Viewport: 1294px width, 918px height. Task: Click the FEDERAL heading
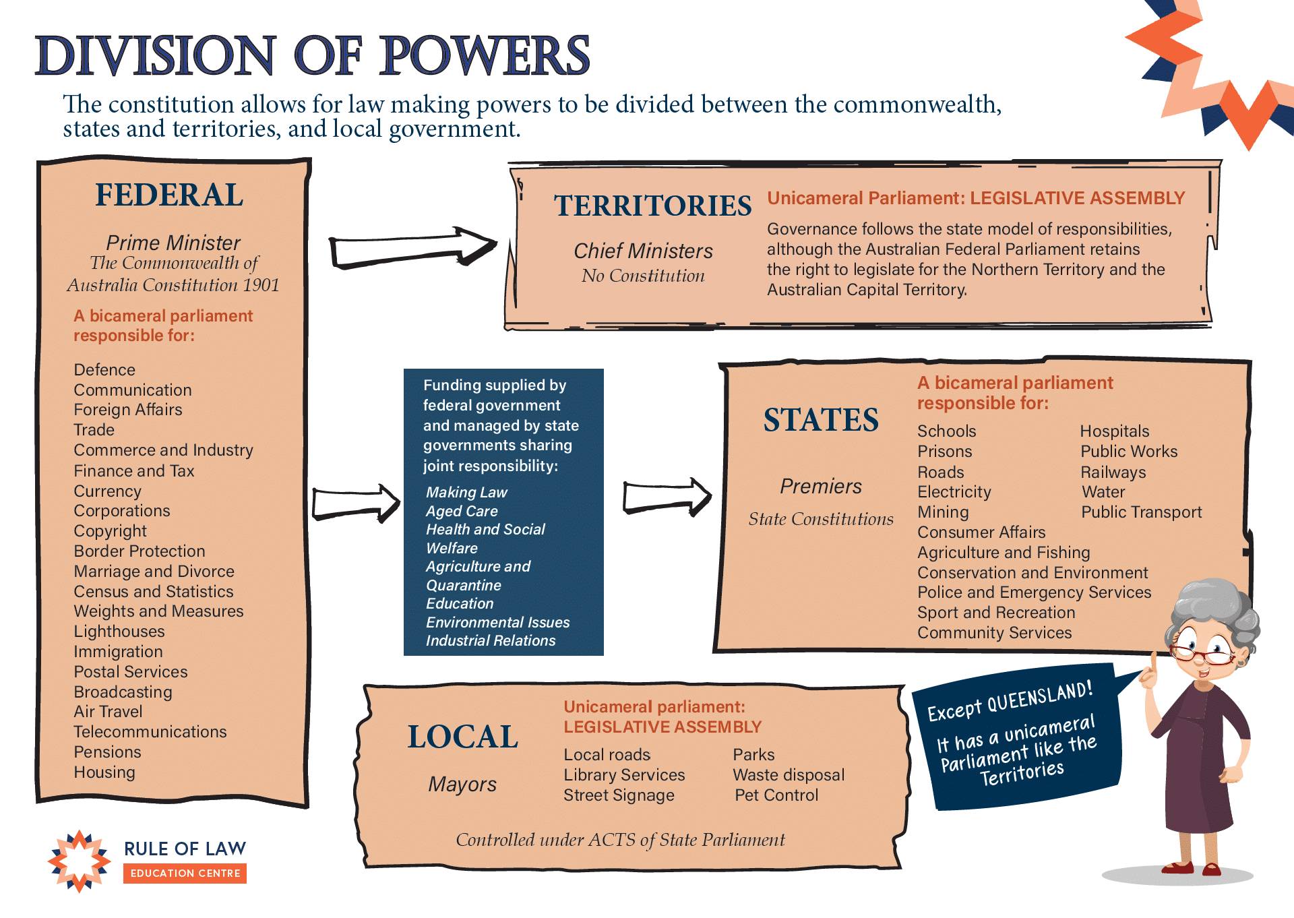[x=169, y=195]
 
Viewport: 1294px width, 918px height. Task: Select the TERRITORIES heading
[x=652, y=206]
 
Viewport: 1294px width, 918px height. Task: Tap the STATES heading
[x=821, y=420]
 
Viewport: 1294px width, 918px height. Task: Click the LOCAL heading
[x=463, y=737]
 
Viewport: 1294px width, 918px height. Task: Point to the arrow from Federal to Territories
[x=412, y=248]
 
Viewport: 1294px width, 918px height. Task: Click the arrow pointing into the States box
[x=667, y=497]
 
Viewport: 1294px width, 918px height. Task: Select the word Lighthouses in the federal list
[x=119, y=632]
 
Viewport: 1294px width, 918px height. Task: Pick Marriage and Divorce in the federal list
[x=154, y=572]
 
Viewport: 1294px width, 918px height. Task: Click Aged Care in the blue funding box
[x=462, y=511]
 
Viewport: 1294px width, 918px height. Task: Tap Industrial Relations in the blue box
[x=491, y=640]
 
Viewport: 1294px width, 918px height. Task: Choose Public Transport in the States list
[x=1142, y=512]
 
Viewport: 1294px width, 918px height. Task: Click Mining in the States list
[x=943, y=512]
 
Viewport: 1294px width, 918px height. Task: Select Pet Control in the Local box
[x=776, y=795]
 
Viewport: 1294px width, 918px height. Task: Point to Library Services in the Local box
[x=624, y=775]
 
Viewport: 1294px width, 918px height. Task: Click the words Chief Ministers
[x=643, y=251]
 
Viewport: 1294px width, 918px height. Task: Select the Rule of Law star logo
[x=80, y=861]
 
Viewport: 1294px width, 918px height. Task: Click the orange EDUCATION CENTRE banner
[x=185, y=874]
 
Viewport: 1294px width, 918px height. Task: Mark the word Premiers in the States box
[x=821, y=486]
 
